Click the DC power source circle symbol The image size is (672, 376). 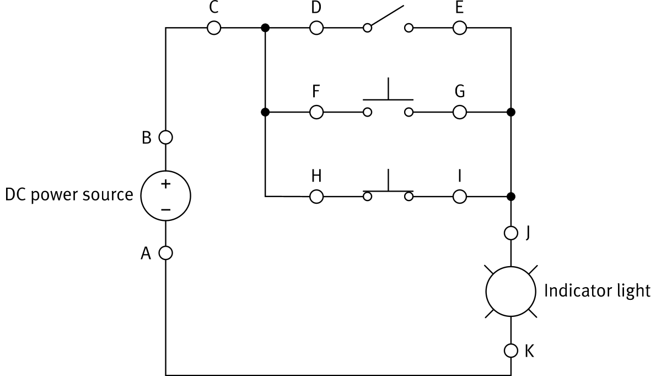tap(166, 197)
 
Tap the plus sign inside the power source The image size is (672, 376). tap(166, 184)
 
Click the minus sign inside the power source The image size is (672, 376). tap(166, 209)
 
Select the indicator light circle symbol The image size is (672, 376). tap(510, 292)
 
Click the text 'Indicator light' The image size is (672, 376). tap(597, 290)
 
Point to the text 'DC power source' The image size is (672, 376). tap(69, 195)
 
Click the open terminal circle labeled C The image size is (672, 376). tap(214, 28)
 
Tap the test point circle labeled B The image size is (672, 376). tap(166, 136)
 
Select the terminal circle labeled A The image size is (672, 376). tap(166, 253)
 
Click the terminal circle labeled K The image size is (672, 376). tap(511, 351)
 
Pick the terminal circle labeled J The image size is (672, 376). tap(511, 233)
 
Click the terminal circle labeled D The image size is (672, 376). tap(316, 28)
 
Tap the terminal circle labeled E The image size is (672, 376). tap(460, 28)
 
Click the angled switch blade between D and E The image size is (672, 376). tap(388, 17)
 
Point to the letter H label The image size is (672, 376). tap(316, 176)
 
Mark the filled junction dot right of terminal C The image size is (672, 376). tap(265, 28)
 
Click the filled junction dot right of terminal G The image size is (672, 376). tap(511, 112)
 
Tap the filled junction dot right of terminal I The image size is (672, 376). tap(511, 196)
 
